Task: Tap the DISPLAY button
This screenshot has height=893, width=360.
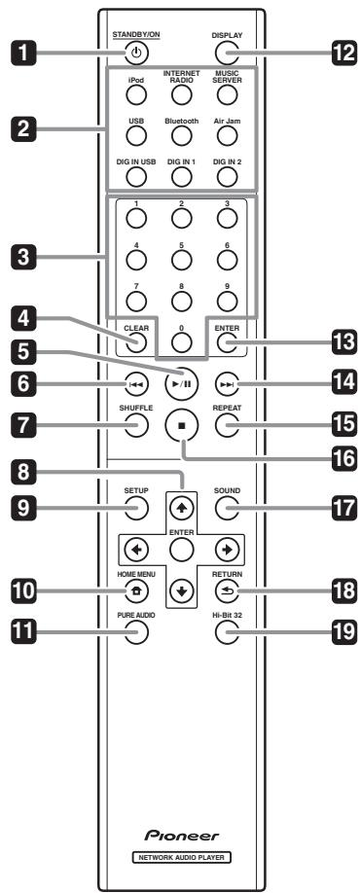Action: tap(225, 54)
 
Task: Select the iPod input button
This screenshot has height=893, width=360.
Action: tap(135, 94)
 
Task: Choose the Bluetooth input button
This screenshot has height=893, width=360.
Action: tap(180, 136)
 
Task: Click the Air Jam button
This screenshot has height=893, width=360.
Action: tap(225, 136)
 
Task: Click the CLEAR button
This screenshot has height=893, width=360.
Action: tap(135, 341)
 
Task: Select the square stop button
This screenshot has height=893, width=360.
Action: tap(180, 424)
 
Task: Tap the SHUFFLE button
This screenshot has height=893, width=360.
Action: tap(135, 424)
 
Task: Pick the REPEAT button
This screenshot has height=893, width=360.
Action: tap(225, 424)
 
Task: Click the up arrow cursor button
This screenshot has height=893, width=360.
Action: tap(180, 507)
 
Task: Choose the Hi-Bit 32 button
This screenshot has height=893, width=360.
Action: tap(225, 634)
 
